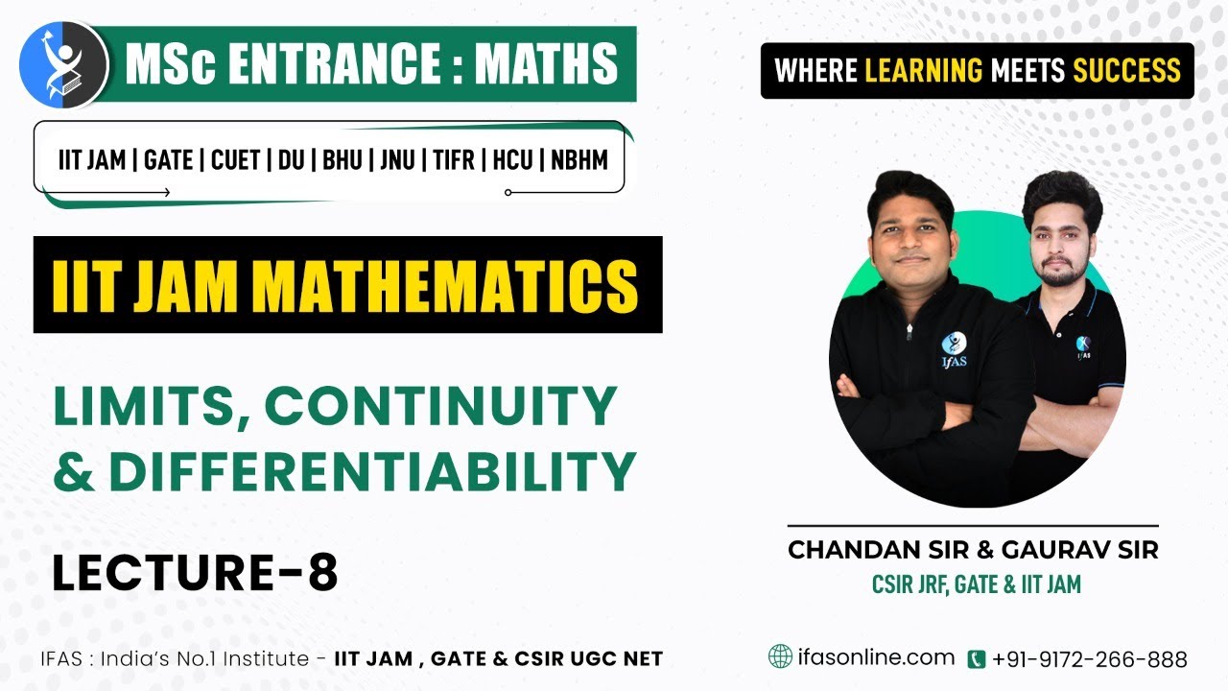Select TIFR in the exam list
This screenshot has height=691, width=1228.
pos(453,159)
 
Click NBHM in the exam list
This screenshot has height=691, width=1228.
pos(579,159)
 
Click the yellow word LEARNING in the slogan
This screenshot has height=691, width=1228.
pos(924,70)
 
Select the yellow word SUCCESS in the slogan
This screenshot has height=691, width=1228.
pos(1126,70)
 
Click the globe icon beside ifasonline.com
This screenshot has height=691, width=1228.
pos(781,656)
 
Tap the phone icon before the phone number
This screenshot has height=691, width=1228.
pos(977,659)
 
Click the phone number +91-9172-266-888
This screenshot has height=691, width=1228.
pos(1090,659)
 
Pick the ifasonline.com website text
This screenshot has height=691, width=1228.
pos(876,657)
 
